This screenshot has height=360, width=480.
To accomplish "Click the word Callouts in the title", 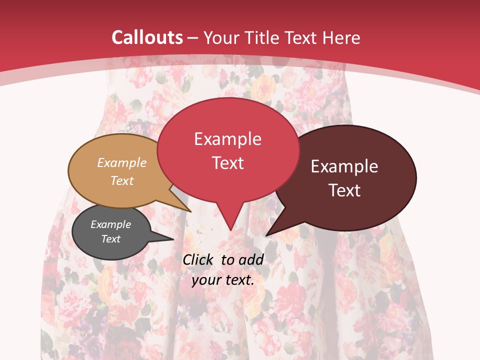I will (147, 37).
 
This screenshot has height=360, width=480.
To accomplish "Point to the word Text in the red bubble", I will (227, 163).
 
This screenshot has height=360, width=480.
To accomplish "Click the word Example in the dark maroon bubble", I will (344, 166).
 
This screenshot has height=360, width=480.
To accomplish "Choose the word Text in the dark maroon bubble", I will (344, 190).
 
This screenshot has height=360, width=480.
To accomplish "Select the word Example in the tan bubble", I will (122, 162).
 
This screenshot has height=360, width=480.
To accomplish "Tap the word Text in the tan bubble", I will (122, 180).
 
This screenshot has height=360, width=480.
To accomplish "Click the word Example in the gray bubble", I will (110, 224).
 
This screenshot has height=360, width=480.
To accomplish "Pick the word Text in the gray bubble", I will (110, 239).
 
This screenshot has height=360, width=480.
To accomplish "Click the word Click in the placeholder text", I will (198, 259).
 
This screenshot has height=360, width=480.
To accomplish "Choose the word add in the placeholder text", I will (251, 259).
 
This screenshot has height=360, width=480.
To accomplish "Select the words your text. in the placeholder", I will (223, 280).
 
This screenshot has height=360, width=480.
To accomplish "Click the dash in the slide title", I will (193, 37).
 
